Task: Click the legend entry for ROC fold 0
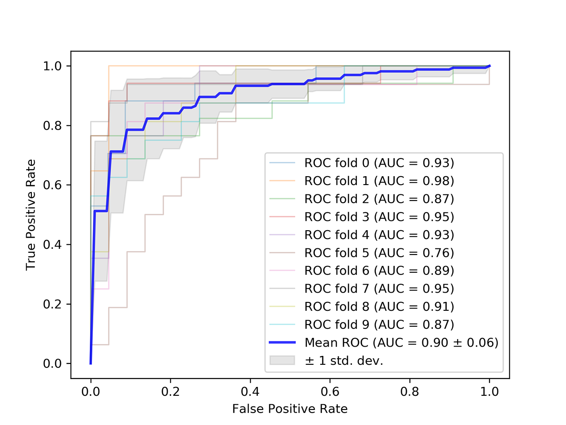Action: coord(379,163)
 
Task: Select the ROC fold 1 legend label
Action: coord(379,181)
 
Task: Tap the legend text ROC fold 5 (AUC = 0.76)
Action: coord(379,253)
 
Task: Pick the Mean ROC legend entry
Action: coord(401,343)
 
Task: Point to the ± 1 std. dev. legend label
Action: coord(344,361)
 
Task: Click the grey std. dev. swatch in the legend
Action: coord(282,360)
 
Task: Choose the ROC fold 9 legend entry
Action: coord(379,325)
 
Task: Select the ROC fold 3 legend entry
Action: coord(379,217)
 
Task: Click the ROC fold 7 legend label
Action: coord(379,289)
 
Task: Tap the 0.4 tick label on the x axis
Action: coord(250,392)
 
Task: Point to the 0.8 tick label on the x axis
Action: coord(410,392)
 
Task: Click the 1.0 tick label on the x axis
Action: coord(490,392)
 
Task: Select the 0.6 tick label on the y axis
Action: coord(52,185)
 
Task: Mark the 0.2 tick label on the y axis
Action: coord(52,304)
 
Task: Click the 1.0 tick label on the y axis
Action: coord(52,66)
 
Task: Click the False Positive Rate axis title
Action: coord(290,409)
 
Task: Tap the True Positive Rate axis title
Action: coord(31,215)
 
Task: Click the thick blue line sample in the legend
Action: coord(282,343)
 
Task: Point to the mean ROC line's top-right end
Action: coord(490,66)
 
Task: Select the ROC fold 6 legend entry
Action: coord(379,270)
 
